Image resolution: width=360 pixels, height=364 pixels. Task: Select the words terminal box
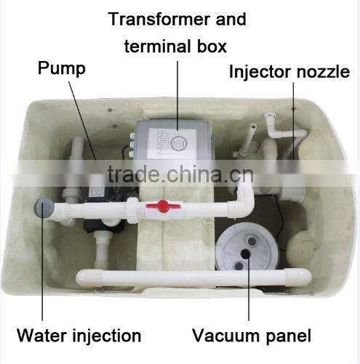pyautogui.click(x=175, y=46)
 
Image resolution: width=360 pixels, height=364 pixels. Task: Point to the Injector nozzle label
pyautogui.click(x=289, y=72)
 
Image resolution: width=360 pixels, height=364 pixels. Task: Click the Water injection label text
pyautogui.click(x=79, y=335)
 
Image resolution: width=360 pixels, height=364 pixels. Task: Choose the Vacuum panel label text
pyautogui.click(x=252, y=335)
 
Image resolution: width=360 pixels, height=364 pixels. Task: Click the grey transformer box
pyautogui.click(x=175, y=145)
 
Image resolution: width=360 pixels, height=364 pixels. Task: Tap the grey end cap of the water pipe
pyautogui.click(x=42, y=209)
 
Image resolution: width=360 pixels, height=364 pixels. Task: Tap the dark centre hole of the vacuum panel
pyautogui.click(x=247, y=254)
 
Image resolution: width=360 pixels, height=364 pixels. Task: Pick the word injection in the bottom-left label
pyautogui.click(x=102, y=335)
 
